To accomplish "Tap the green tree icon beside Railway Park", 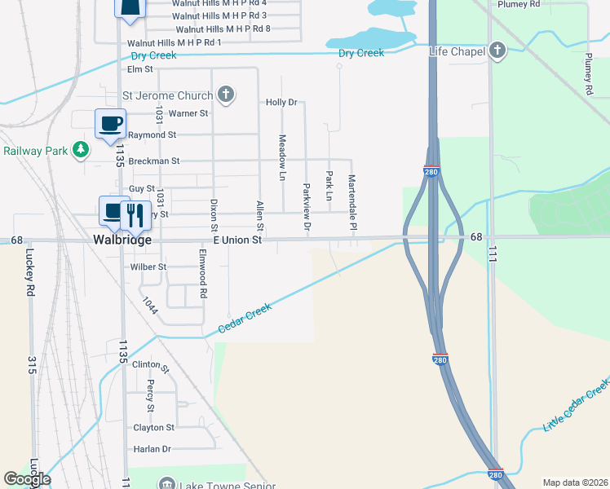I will [80, 150].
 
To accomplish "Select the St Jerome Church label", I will [167, 95].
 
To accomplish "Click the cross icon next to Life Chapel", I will [497, 52].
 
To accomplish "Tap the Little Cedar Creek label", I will [576, 404].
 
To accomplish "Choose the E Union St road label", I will [237, 240].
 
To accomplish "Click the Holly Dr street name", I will [281, 103].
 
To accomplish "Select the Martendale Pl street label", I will [352, 201].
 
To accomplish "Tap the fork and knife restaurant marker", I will [132, 214].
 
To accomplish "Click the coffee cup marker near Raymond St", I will [109, 124].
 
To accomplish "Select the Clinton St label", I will [150, 366].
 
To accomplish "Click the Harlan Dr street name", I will [153, 449].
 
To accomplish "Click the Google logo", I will [27, 479].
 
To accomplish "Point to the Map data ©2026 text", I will [574, 482].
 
